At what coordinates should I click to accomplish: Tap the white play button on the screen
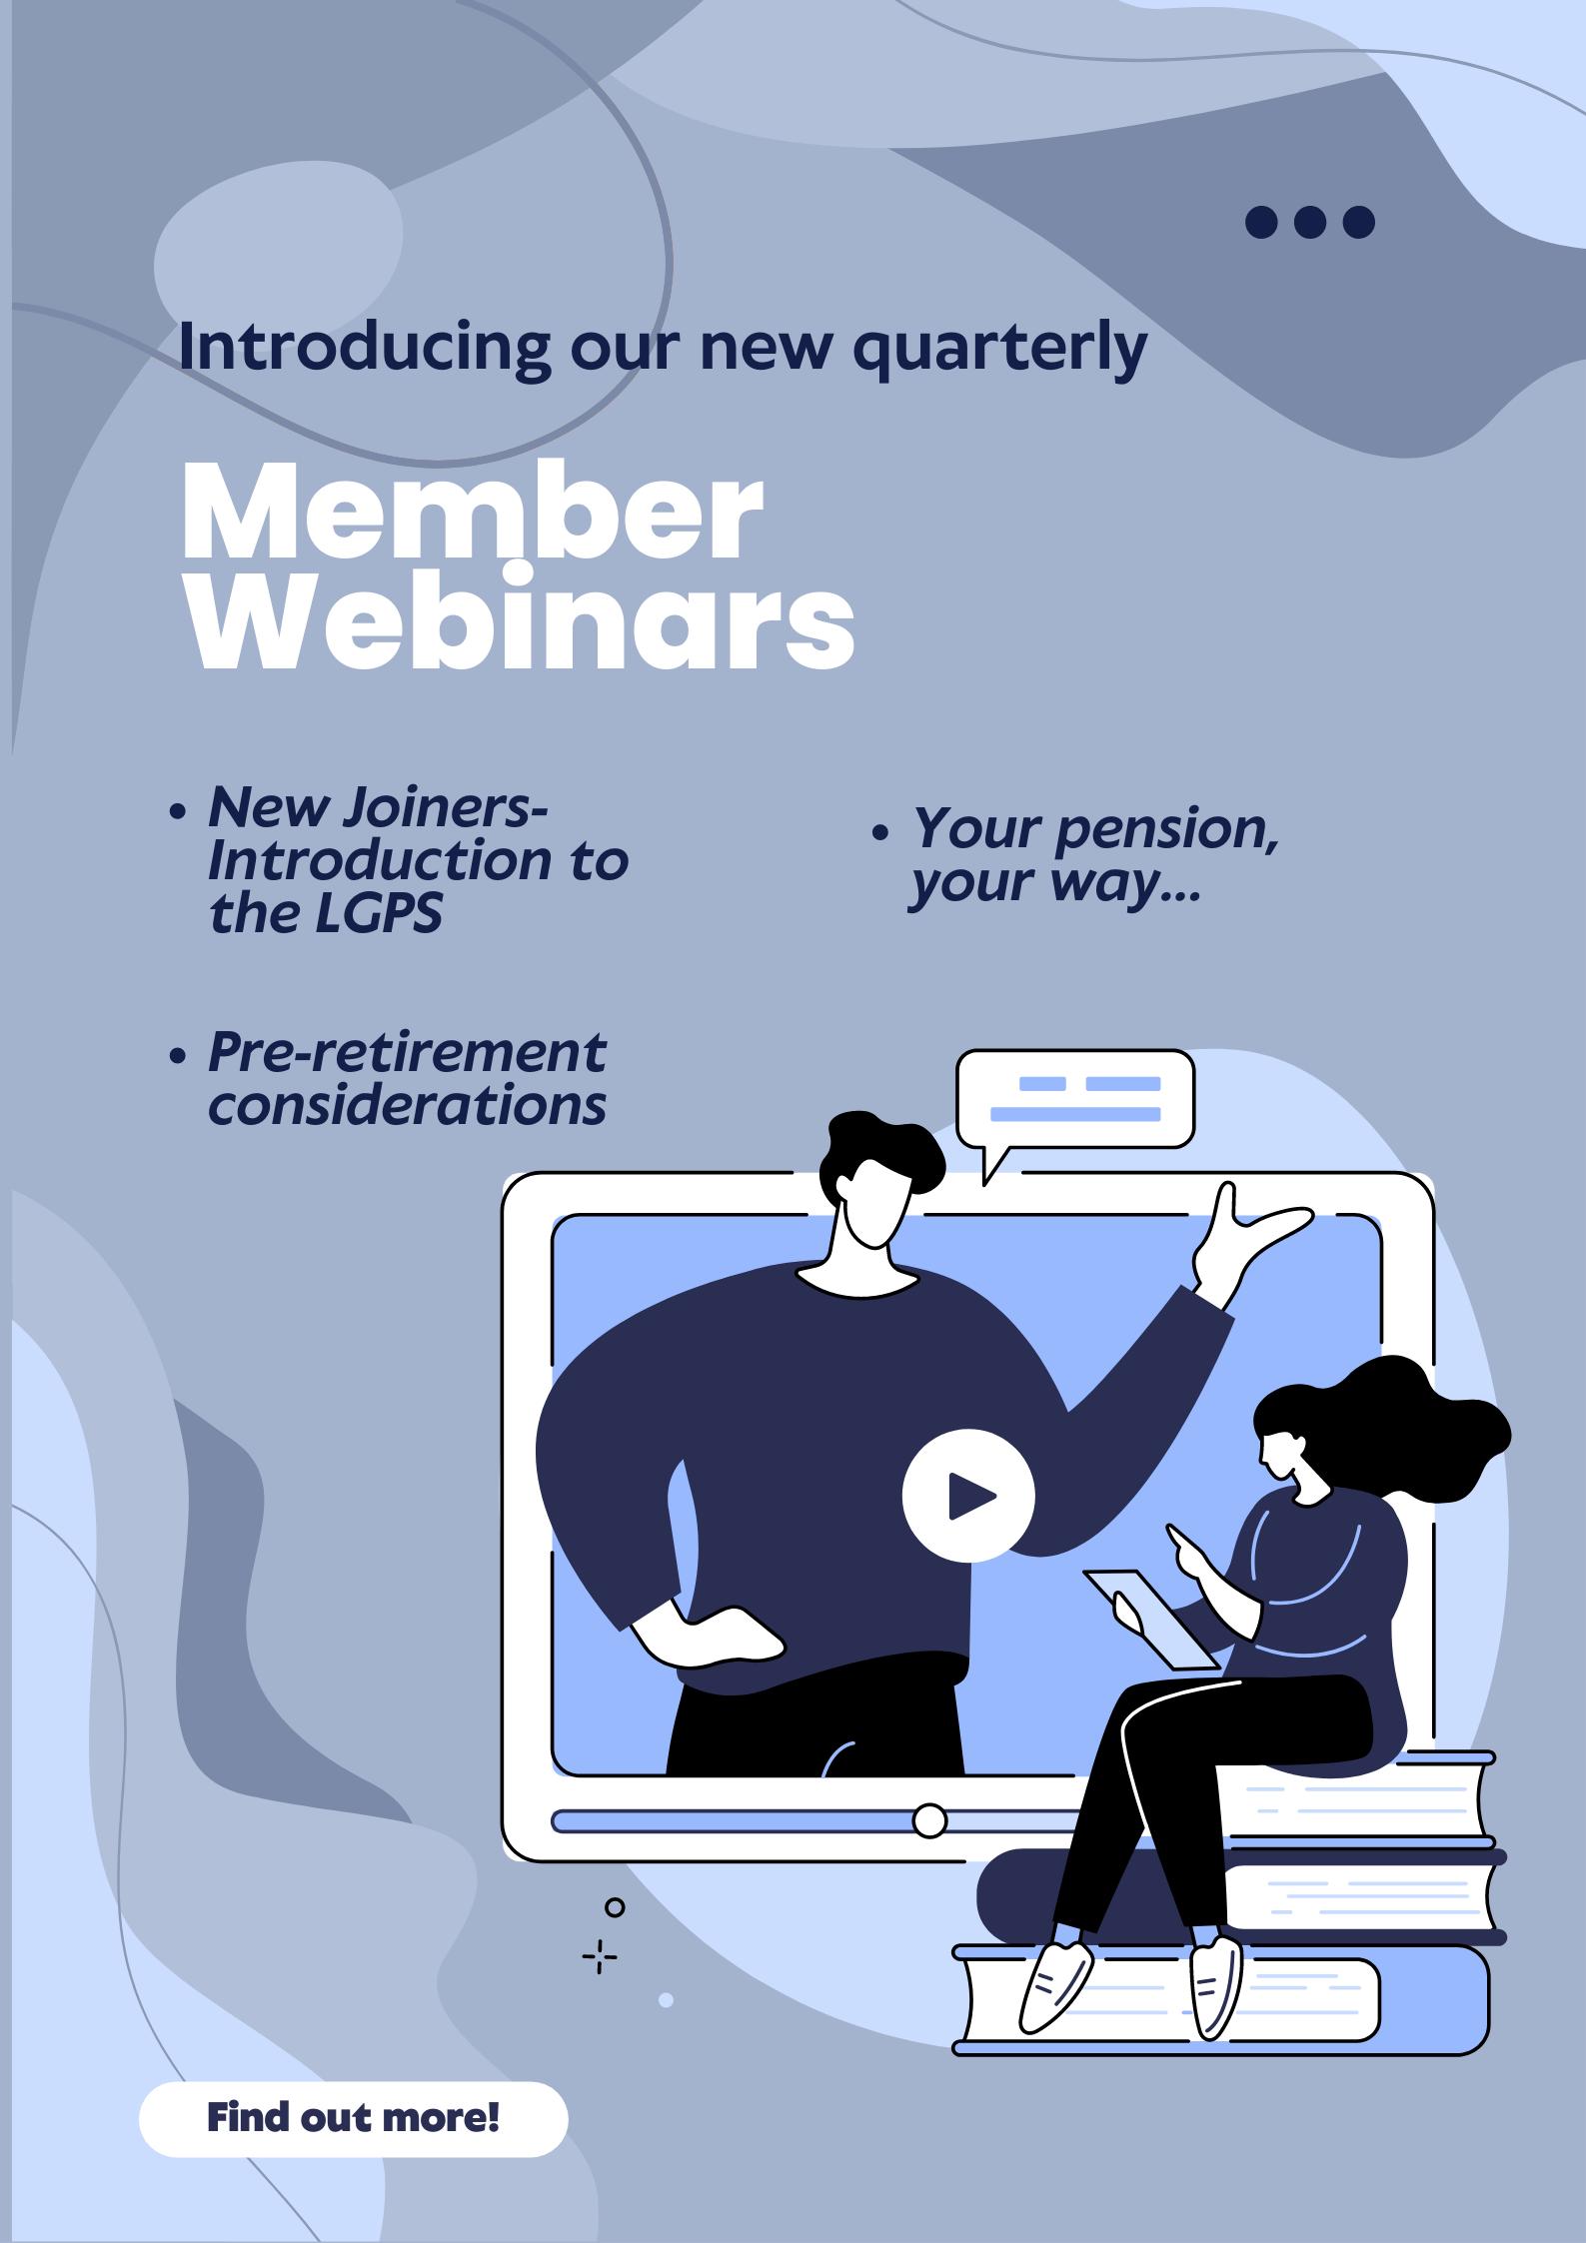coord(967,1495)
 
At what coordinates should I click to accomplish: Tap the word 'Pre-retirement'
coord(407,1053)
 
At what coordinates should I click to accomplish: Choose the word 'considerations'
coord(407,1105)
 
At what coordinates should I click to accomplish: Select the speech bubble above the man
coord(1075,1102)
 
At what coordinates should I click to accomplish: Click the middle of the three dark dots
coord(1310,222)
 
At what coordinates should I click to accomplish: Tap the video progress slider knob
coord(929,1820)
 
